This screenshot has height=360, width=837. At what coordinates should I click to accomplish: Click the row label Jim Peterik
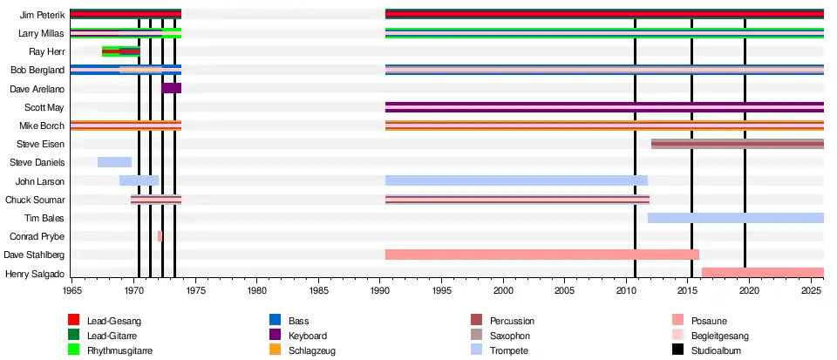(x=42, y=15)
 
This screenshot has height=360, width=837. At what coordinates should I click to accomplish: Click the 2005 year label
(x=565, y=291)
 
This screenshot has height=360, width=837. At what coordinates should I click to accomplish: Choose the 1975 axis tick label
(x=195, y=291)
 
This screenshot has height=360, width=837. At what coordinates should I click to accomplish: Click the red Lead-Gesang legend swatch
(x=73, y=321)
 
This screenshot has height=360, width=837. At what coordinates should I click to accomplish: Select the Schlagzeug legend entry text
(x=312, y=351)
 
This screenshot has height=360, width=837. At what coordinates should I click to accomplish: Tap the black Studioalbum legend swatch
(x=678, y=350)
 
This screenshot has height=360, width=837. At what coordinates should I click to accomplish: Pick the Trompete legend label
(x=509, y=351)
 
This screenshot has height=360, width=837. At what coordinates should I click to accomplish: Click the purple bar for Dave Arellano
(x=172, y=88)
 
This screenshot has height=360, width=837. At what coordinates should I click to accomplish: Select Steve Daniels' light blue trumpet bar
(x=115, y=162)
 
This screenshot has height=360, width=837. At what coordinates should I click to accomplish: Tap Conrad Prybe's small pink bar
(x=160, y=235)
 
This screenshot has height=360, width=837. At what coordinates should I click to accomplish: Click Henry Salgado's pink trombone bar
(x=763, y=273)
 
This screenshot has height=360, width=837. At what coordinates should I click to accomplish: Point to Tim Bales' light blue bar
(x=736, y=218)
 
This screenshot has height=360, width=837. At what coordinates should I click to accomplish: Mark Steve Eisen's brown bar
(x=738, y=144)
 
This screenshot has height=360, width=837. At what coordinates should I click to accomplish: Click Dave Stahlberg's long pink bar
(x=542, y=255)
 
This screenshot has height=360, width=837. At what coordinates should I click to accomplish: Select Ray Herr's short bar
(x=121, y=51)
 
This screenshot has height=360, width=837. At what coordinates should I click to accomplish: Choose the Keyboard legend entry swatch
(x=276, y=336)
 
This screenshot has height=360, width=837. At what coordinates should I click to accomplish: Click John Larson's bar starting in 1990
(x=517, y=180)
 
